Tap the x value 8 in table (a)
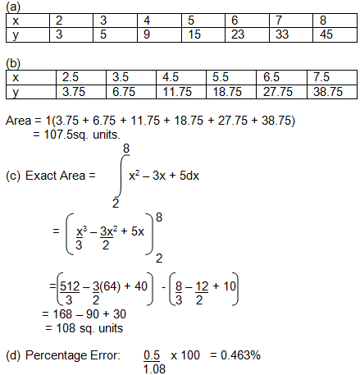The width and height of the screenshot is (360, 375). (326, 20)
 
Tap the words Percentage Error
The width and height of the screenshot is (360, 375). (72, 355)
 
